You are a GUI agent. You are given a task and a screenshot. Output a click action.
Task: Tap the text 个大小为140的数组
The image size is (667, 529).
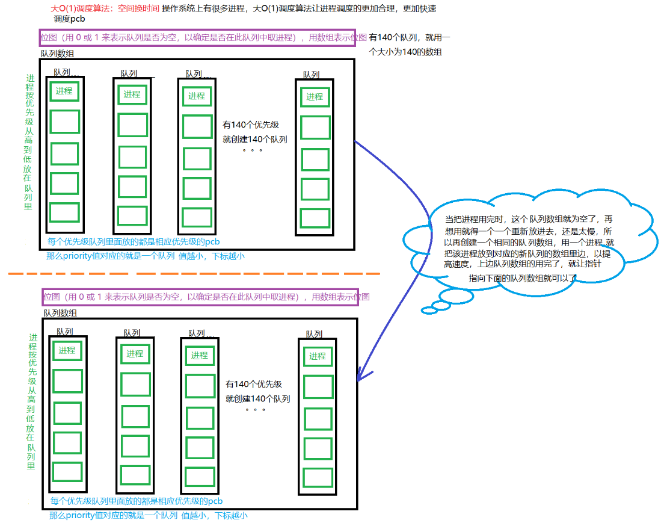406,52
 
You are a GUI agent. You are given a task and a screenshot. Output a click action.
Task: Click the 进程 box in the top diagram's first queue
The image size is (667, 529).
64,91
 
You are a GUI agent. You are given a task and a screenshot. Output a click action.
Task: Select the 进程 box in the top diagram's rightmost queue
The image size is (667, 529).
315,97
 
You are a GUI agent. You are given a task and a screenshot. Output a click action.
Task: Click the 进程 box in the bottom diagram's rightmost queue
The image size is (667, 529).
318,356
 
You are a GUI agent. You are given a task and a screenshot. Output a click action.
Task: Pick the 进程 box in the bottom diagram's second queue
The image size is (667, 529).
135,354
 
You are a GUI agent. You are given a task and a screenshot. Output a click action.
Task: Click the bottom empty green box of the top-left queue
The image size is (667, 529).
64,212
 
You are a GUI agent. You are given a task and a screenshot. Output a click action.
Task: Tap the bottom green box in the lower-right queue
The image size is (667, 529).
318,477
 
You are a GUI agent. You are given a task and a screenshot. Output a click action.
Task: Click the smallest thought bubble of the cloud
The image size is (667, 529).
428,311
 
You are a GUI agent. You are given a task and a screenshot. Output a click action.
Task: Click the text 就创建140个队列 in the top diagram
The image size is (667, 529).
255,139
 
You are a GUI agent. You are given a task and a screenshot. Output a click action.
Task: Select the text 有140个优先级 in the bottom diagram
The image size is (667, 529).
254,384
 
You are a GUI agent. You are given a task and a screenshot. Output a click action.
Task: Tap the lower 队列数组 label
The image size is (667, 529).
60,313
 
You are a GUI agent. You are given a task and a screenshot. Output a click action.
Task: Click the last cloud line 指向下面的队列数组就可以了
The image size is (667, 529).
522,278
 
